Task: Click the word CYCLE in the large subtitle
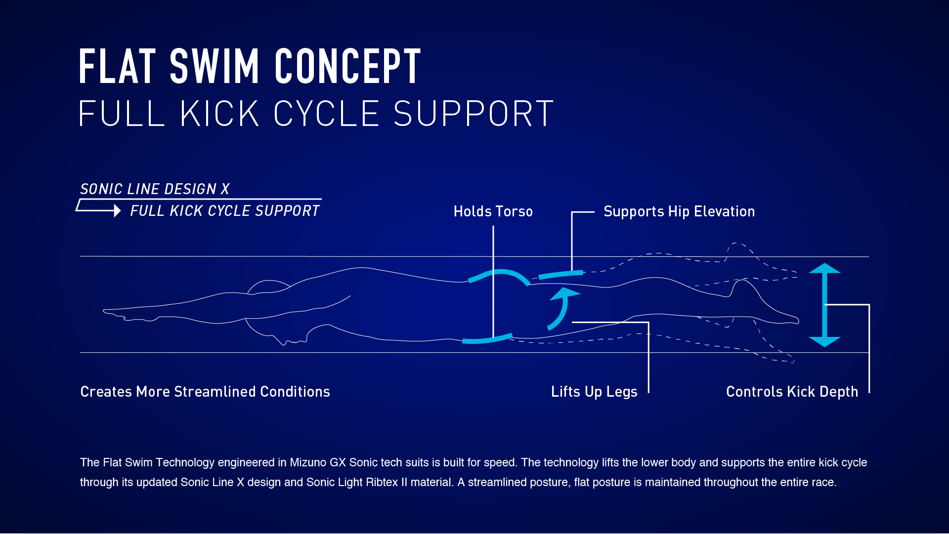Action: (326, 114)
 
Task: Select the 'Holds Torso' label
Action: (493, 211)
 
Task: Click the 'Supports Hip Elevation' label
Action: (679, 212)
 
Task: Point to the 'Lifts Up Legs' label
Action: (594, 392)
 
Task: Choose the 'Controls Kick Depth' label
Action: (792, 392)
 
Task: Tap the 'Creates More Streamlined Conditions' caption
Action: (205, 392)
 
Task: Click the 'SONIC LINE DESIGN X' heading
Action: (155, 189)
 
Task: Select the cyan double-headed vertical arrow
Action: (824, 305)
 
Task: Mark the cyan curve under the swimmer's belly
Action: (487, 339)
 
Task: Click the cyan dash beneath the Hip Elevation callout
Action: (561, 275)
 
